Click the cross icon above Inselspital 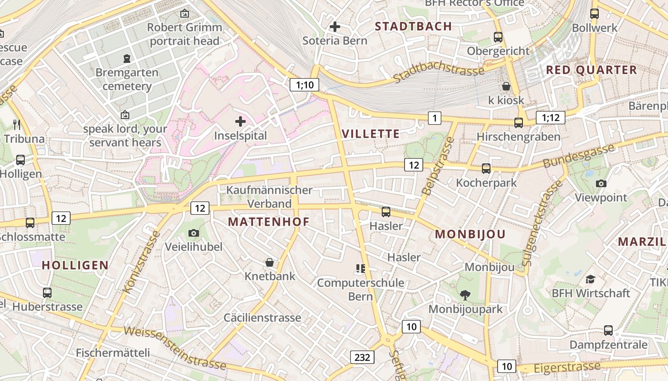coord(240,121)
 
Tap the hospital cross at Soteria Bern coord(335,27)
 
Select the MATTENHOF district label coord(269,221)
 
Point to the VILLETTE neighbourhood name coord(371,134)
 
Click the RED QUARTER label coord(591,70)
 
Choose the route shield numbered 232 coord(362,357)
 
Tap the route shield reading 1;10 coord(304,85)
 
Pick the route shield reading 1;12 coord(551,117)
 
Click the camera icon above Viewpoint coord(601,183)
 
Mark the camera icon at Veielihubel coord(193,233)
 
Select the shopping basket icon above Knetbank coord(270,262)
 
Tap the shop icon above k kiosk coord(506,86)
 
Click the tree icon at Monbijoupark coord(465,295)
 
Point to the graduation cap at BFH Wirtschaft coord(591,279)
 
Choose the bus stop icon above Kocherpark coord(486,168)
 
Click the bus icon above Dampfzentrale coord(608,330)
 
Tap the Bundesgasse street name coord(578,156)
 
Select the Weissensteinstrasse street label coord(175,348)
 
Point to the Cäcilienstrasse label coord(262,318)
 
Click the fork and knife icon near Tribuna coord(17,125)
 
